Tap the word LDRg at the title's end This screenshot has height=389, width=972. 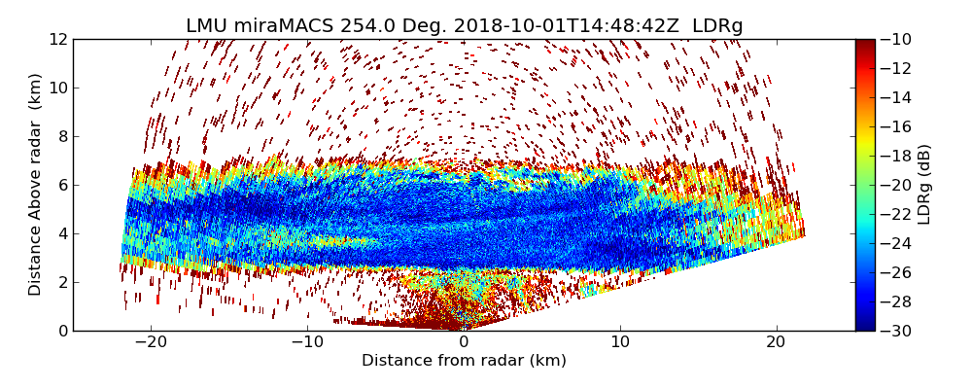pos(717,26)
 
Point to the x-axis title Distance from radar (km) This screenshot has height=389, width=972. pos(464,361)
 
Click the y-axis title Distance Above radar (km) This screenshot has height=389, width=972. pos(36,185)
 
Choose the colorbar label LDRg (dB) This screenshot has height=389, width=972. pos(924,185)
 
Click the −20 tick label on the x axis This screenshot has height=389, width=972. pos(151,343)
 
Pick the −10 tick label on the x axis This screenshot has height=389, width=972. pos(307,343)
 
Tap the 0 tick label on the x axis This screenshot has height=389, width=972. pos(464,343)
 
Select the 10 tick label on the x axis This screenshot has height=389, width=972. pos(620,343)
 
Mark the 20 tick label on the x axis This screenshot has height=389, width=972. pos(776,343)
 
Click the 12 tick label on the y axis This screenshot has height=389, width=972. pos(58,40)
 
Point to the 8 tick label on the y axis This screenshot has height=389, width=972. pos(62,137)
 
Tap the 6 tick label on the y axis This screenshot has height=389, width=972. pos(62,186)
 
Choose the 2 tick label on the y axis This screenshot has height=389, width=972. pos(62,283)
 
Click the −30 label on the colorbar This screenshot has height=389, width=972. pos(899,331)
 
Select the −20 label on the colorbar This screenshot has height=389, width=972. pos(899,185)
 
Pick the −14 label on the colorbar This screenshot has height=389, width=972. pos(899,97)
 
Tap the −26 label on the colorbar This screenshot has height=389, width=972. pos(899,272)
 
